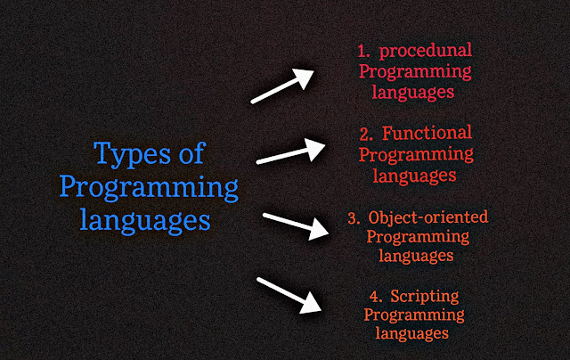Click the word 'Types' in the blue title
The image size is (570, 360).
(x=132, y=154)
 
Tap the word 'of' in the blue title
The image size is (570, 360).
(x=192, y=152)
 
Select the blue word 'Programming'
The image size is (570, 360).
(x=149, y=188)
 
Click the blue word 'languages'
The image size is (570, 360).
(x=145, y=220)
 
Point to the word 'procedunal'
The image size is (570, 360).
(x=426, y=51)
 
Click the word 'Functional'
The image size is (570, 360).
(x=427, y=133)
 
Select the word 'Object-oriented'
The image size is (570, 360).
(x=427, y=217)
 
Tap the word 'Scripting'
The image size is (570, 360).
(x=425, y=297)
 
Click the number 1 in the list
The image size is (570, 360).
(x=363, y=52)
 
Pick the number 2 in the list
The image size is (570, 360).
(x=366, y=135)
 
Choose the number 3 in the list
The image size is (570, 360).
(x=354, y=218)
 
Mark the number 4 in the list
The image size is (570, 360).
(x=376, y=297)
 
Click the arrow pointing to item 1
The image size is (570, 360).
(x=282, y=86)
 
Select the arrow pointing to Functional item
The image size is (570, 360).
(x=290, y=151)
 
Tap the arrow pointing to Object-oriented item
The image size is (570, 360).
(x=296, y=226)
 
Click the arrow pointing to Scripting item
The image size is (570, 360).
(x=289, y=295)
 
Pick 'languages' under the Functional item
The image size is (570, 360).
(x=414, y=176)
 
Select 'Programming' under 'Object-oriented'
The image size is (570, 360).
(x=418, y=238)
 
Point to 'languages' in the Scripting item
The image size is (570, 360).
(x=411, y=333)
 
